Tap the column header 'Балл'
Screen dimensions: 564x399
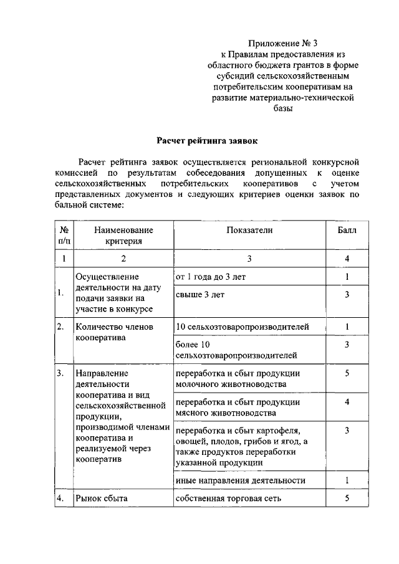[347, 230]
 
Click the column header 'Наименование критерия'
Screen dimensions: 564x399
[123, 235]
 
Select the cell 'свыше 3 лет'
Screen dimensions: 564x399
[200, 295]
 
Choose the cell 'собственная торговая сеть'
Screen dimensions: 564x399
[229, 498]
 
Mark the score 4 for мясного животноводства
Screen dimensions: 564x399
[347, 403]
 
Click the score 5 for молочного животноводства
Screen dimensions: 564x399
[347, 373]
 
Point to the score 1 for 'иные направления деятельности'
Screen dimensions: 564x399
[347, 480]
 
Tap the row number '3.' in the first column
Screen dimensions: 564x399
[60, 373]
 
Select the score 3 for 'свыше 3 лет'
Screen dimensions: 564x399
[347, 295]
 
